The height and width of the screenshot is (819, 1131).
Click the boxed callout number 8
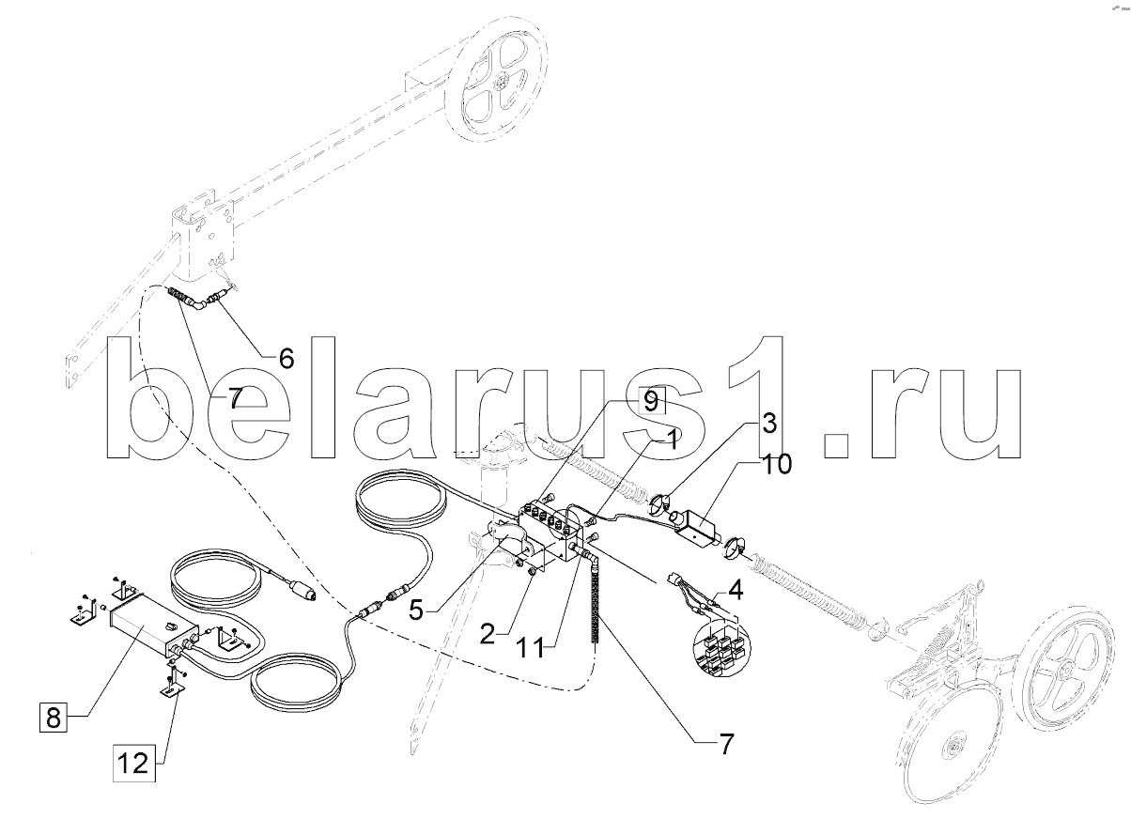53,719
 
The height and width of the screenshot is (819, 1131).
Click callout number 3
767,423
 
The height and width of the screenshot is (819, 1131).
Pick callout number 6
285,358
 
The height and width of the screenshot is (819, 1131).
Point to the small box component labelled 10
695,526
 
